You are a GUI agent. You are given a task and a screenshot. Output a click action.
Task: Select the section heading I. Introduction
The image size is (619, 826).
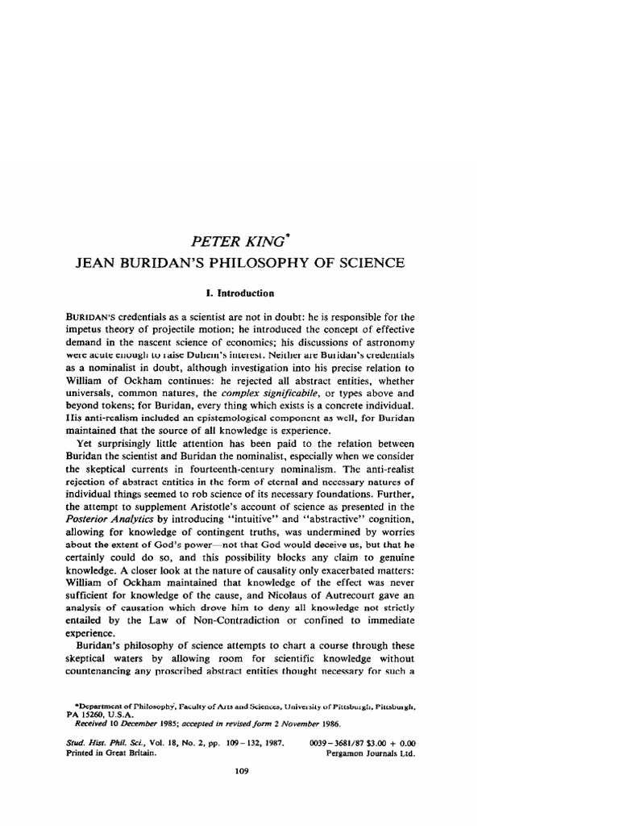[252, 294]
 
